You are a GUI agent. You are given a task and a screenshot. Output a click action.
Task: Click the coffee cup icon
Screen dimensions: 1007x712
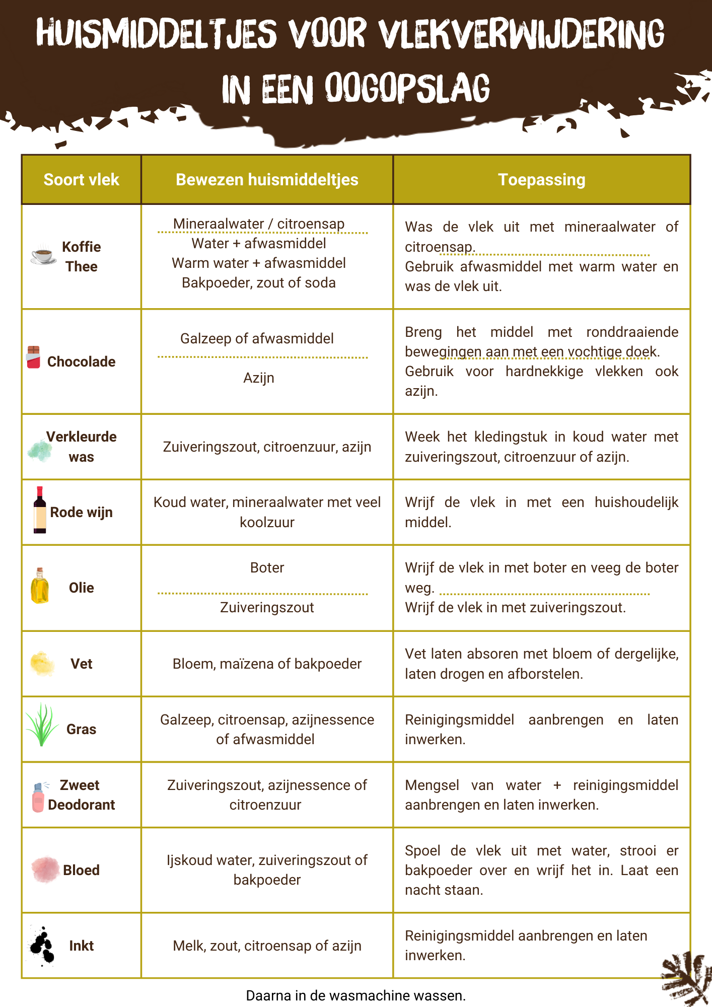(43, 255)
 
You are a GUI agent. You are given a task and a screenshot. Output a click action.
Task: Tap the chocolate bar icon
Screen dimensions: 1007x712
(33, 357)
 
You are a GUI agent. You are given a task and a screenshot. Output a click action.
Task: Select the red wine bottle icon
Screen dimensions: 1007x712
(40, 510)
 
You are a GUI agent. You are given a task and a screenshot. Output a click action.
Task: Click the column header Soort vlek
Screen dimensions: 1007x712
(81, 180)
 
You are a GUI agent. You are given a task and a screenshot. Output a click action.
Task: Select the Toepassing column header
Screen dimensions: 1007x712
(541, 180)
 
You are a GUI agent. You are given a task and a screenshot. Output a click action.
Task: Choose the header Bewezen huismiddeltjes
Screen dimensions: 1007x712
(267, 180)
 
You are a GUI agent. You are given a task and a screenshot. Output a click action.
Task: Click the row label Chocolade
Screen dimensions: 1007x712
(81, 362)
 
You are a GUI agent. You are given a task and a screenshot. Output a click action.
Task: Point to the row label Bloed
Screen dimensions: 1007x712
(81, 870)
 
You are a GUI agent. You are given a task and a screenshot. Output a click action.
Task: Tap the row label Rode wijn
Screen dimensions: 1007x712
(81, 512)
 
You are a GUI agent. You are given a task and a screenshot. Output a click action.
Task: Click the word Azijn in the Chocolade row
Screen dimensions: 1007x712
(259, 378)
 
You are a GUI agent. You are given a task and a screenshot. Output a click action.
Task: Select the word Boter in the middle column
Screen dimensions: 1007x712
(267, 568)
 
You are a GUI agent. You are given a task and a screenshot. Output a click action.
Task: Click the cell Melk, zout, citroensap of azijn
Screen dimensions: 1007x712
(267, 946)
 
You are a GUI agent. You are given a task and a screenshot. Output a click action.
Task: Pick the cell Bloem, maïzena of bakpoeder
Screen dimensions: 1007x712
(267, 664)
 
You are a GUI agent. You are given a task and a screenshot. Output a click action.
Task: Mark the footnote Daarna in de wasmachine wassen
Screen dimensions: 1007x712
(355, 995)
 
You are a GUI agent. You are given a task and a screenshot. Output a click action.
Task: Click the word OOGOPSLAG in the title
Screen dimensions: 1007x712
(407, 88)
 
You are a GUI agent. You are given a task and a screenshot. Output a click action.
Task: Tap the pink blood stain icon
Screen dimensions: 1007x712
(45, 870)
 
